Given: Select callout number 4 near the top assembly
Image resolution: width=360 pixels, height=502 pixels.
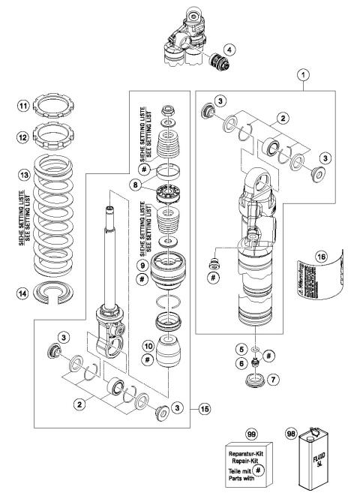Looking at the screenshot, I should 229,50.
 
